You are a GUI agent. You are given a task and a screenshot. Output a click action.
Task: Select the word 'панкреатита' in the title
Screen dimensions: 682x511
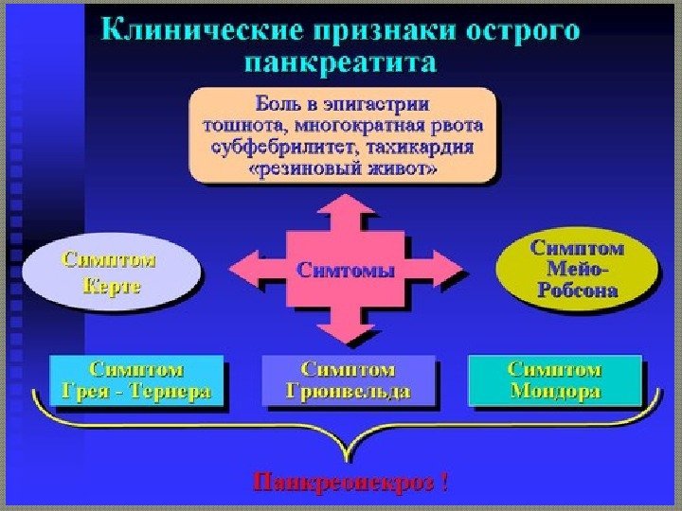341,63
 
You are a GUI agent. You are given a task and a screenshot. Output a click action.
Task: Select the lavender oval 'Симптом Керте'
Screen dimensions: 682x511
112,272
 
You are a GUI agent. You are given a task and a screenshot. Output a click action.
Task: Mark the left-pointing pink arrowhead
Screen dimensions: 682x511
250,270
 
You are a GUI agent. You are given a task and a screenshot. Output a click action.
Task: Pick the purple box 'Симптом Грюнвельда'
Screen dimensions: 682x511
348,380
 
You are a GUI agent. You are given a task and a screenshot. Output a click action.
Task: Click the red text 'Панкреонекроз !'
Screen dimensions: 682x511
350,484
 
